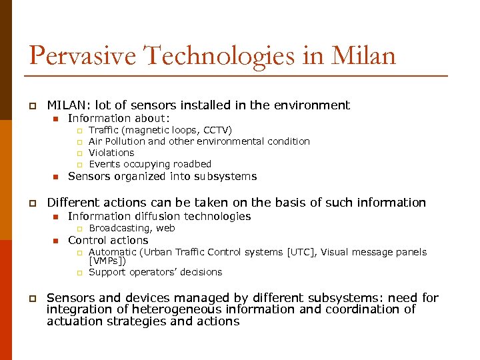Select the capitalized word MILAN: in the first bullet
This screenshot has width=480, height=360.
point(69,105)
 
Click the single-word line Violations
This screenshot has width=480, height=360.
point(111,153)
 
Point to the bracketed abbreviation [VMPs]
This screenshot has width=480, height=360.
point(107,261)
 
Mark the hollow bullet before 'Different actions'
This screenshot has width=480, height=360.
point(31,203)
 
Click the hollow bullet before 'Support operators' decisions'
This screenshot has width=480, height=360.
point(78,272)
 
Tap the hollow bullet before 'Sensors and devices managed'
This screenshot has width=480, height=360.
point(31,299)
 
